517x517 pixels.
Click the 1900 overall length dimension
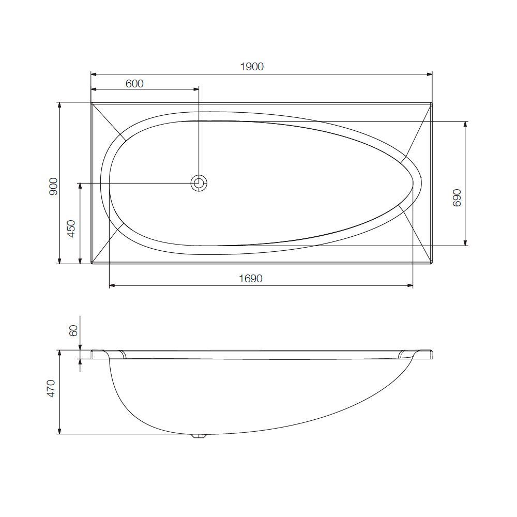coord(252,67)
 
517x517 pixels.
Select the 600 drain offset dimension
coord(134,83)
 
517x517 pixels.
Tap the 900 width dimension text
coord(53,186)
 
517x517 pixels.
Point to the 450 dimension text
coord(71,229)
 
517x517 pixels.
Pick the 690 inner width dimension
coord(457,197)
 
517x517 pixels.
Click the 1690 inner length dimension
coord(251,279)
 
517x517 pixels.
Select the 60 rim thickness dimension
coord(73,330)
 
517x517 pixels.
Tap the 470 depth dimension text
coord(51,389)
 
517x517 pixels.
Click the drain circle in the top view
coord(199,183)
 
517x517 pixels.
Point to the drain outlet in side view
coord(199,436)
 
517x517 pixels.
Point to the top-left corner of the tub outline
coord(92,103)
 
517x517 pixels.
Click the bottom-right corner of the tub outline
coord(431,263)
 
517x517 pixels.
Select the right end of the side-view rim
coord(431,354)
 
